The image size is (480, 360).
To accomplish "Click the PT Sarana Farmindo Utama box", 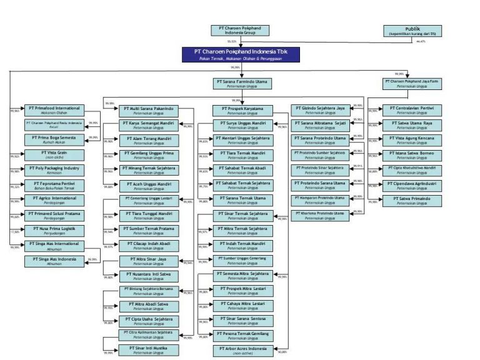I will point(242,84).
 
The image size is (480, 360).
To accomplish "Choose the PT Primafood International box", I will point(53,110).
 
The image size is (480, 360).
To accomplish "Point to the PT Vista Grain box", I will point(53,154).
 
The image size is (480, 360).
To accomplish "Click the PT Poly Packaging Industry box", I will point(53,170).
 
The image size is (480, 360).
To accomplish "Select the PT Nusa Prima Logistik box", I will point(53,231).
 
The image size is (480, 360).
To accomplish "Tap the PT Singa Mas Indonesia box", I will point(53,261).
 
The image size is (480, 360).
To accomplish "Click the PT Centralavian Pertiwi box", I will point(411,109).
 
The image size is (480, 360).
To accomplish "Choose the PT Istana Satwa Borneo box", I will point(411,155).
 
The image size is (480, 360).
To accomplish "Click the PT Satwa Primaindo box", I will point(411,201).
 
